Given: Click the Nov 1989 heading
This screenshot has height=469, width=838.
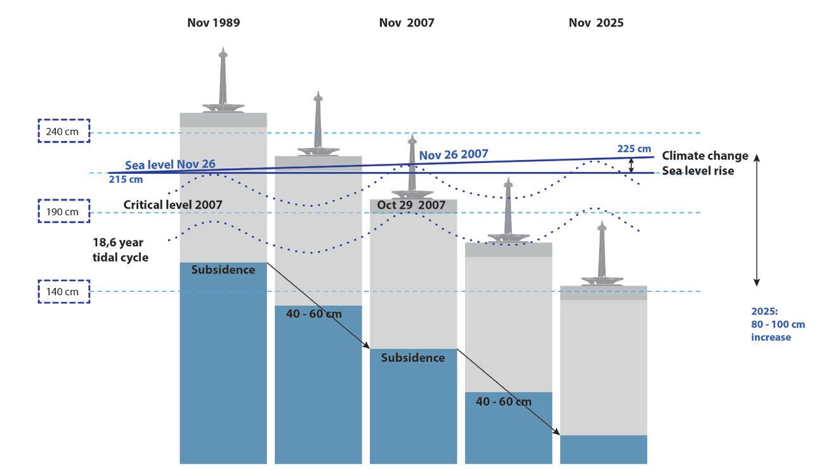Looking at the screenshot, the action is [x=213, y=23].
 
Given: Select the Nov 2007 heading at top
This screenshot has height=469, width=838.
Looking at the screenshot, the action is [x=407, y=23].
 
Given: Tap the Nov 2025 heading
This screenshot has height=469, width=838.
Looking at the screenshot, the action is [x=596, y=23].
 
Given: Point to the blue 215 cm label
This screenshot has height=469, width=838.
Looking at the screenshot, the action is [x=126, y=180].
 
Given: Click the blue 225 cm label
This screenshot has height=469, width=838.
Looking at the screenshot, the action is [x=634, y=149].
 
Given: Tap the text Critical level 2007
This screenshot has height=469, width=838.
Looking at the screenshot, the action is [x=173, y=205].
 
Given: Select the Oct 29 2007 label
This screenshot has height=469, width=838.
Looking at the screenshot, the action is [x=411, y=205].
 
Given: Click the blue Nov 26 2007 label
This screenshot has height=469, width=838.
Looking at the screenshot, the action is [x=454, y=154].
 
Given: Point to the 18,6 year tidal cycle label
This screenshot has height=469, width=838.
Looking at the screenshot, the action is [x=121, y=249].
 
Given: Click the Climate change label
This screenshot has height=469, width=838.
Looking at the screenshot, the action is [x=705, y=155].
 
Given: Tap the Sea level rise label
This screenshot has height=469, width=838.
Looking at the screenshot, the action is [x=698, y=171].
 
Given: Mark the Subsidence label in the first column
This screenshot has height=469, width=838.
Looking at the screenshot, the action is [x=223, y=270].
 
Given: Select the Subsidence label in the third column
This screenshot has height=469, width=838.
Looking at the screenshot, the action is [x=413, y=358].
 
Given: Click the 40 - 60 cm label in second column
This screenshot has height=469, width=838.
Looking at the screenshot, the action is [x=314, y=314].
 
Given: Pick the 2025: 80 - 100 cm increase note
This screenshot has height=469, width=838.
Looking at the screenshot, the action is [x=778, y=324].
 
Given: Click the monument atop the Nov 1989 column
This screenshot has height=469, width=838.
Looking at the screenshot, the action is [x=223, y=80].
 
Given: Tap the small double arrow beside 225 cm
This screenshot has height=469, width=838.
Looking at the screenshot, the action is [x=631, y=166].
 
